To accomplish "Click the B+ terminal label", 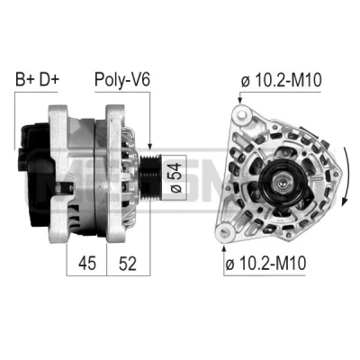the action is pyautogui.click(x=25, y=79).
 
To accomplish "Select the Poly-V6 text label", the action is pyautogui.click(x=122, y=80).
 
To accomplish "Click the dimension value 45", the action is pyautogui.click(x=87, y=263).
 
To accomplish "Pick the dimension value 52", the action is pyautogui.click(x=128, y=263).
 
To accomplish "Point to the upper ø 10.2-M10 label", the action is pyautogui.click(x=281, y=80).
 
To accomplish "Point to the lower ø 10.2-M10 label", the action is pyautogui.click(x=265, y=263).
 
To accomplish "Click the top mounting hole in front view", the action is pyautogui.click(x=241, y=115).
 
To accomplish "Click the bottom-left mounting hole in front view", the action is pyautogui.click(x=224, y=231).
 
